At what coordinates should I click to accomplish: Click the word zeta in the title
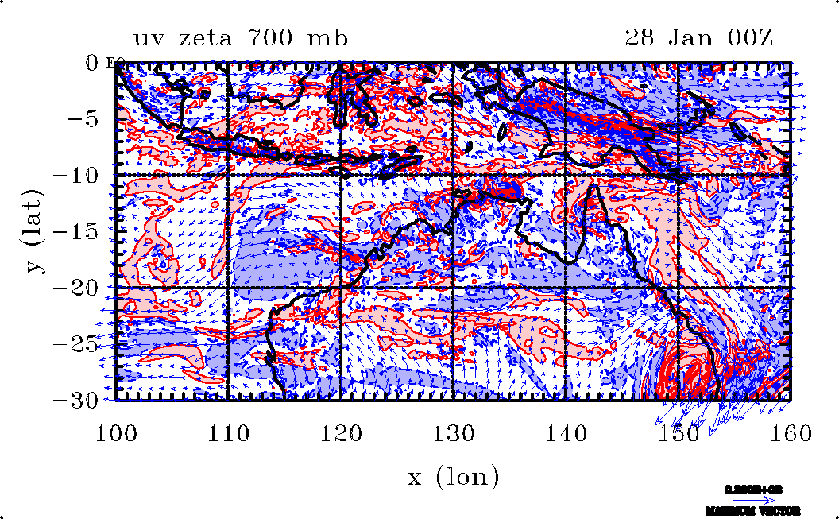[x=202, y=38]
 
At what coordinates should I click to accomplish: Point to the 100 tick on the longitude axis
[x=116, y=433]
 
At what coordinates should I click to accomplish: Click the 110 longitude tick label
[x=229, y=433]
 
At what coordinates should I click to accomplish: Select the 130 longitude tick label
[x=454, y=433]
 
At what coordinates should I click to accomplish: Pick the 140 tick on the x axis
[x=566, y=433]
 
